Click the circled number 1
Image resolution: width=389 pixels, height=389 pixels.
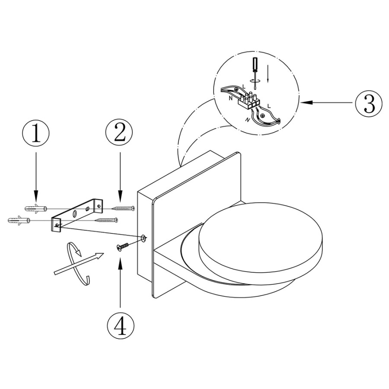coord(36,134)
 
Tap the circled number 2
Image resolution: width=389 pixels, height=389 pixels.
coord(119,134)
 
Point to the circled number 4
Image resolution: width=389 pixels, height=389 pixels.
coord(121,325)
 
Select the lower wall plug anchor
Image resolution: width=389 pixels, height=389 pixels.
coord(19,220)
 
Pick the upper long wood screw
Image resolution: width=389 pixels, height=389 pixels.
coord(124,208)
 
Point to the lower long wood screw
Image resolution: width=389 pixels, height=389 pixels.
coord(107,220)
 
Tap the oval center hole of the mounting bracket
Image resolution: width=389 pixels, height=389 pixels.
coord(75,214)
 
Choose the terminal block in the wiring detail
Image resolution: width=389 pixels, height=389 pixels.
coord(249,100)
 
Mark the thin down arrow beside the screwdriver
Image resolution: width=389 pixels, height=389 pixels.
coord(268,73)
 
